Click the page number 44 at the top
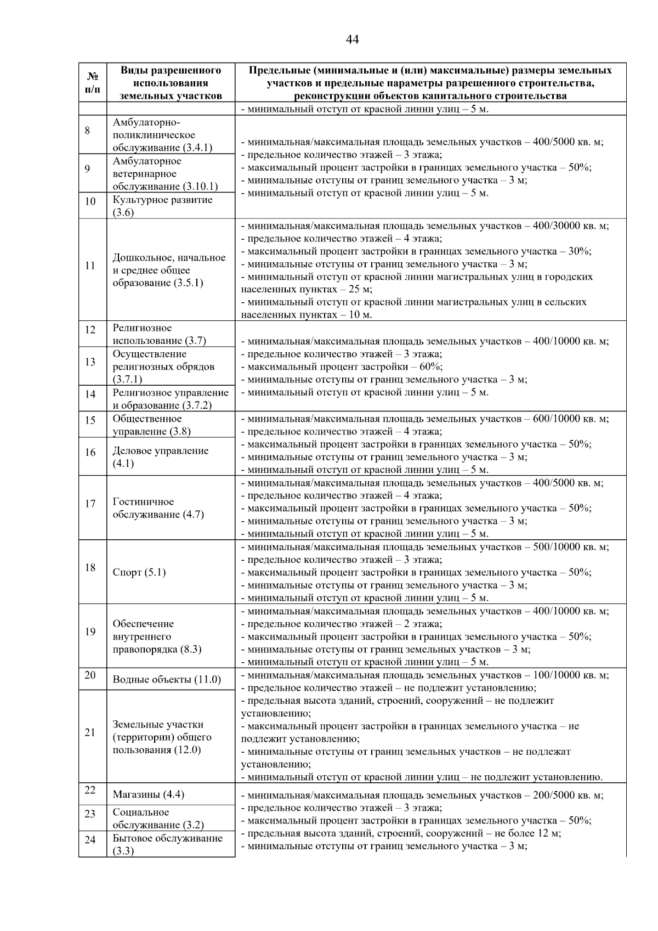pyautogui.click(x=353, y=40)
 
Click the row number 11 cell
pyautogui.click(x=90, y=266)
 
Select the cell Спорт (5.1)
pyautogui.click(x=139, y=573)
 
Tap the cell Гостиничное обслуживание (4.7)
pyautogui.click(x=158, y=509)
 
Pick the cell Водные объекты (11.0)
pyautogui.click(x=167, y=680)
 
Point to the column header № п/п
pyautogui.click(x=93, y=82)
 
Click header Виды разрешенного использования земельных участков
pyautogui.click(x=171, y=83)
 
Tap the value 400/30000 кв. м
pyautogui.click(x=570, y=226)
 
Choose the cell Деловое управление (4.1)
pyautogui.click(x=161, y=457)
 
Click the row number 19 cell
pyautogui.click(x=90, y=632)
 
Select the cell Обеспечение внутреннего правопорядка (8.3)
pyautogui.click(x=157, y=637)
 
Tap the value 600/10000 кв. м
pyautogui.click(x=570, y=419)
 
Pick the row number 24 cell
pyautogui.click(x=90, y=840)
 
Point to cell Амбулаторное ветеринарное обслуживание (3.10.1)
pyautogui.click(x=166, y=174)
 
